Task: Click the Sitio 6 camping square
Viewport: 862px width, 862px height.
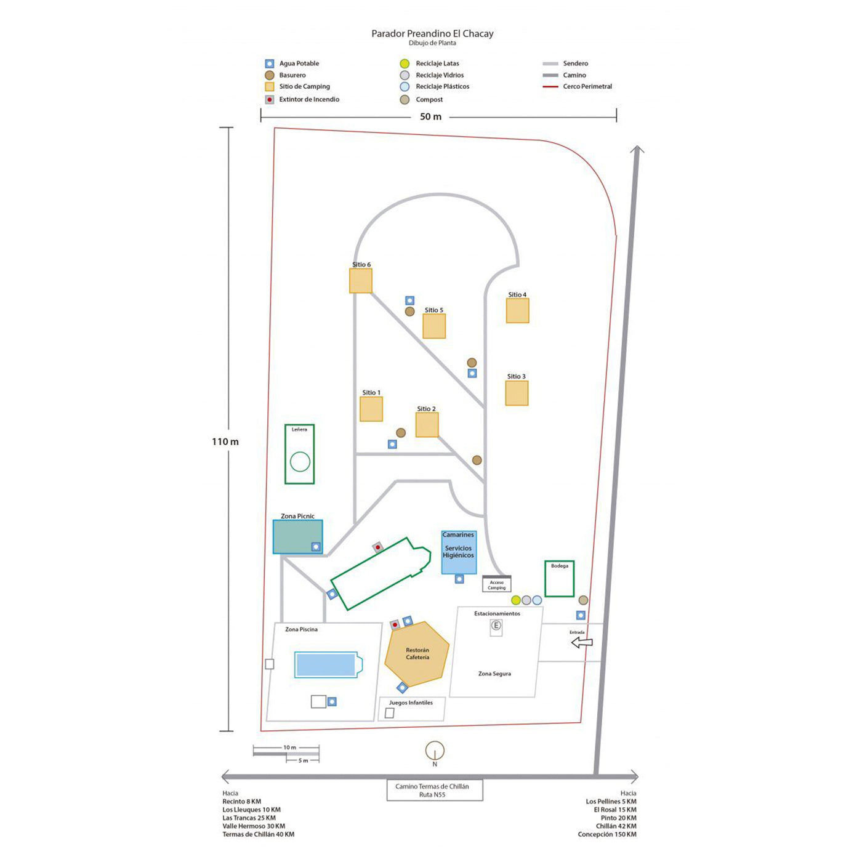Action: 361,281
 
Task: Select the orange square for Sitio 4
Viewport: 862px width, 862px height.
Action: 517,310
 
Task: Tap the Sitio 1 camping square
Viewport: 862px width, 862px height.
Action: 371,409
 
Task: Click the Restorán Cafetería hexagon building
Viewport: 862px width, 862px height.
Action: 417,654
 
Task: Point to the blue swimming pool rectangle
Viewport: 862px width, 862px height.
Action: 326,665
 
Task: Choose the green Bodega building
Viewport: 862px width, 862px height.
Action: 559,579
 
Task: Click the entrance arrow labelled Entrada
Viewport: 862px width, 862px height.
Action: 582,642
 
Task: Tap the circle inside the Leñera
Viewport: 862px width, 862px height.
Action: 300,461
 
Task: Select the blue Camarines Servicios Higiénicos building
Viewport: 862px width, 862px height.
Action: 459,552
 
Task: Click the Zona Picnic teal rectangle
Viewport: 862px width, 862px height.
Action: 297,536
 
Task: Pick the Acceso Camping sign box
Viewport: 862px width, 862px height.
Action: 496,584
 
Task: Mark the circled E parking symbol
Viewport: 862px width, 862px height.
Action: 496,626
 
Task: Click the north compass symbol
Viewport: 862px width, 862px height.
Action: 435,751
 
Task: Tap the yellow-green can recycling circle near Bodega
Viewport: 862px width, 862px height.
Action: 516,600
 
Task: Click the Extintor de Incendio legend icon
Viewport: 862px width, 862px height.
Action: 270,100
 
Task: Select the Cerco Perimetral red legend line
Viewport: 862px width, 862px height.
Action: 550,87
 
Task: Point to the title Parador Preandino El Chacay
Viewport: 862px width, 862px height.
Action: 432,34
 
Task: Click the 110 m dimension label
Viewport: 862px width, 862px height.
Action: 225,441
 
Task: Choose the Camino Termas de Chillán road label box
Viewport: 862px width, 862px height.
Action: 434,790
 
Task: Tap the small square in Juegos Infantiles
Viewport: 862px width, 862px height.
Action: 389,713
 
